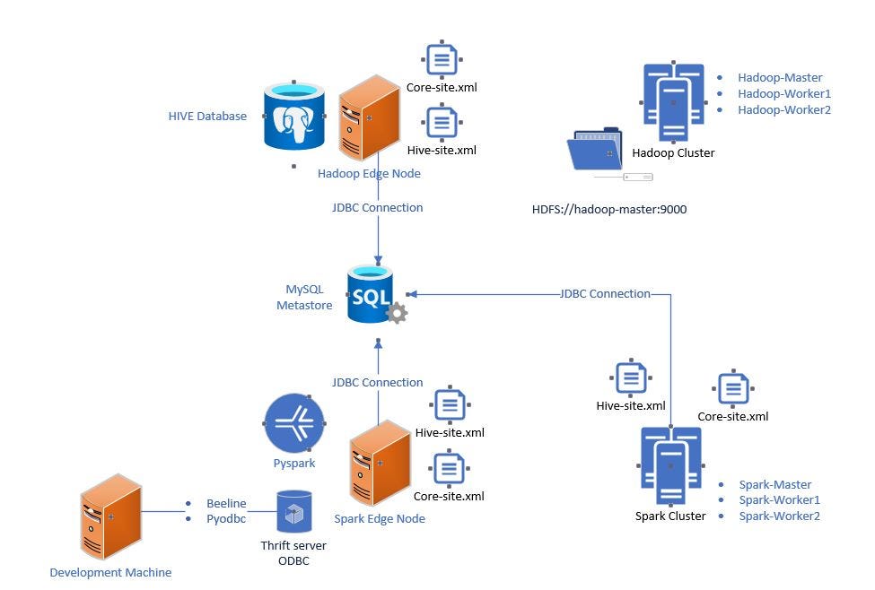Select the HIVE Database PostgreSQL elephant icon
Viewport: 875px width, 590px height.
(x=293, y=117)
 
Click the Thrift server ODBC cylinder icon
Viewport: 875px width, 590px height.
(x=293, y=513)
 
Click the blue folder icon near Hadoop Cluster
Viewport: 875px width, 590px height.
(x=595, y=152)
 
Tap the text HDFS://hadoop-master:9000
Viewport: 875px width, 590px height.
(x=609, y=209)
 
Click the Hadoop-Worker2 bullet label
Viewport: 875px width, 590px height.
(x=783, y=109)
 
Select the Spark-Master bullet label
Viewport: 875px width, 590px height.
(x=775, y=484)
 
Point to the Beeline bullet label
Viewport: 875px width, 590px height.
(x=226, y=503)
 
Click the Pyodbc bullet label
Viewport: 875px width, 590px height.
(x=227, y=518)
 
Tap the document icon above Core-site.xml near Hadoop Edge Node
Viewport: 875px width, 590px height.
(x=441, y=61)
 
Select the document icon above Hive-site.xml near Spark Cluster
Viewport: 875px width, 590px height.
(x=630, y=379)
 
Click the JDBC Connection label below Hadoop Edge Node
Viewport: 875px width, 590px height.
(x=378, y=207)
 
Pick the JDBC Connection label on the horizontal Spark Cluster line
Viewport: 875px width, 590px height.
(x=605, y=293)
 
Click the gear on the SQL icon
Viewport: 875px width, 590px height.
(x=396, y=312)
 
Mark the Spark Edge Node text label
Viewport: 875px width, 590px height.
(x=380, y=518)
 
